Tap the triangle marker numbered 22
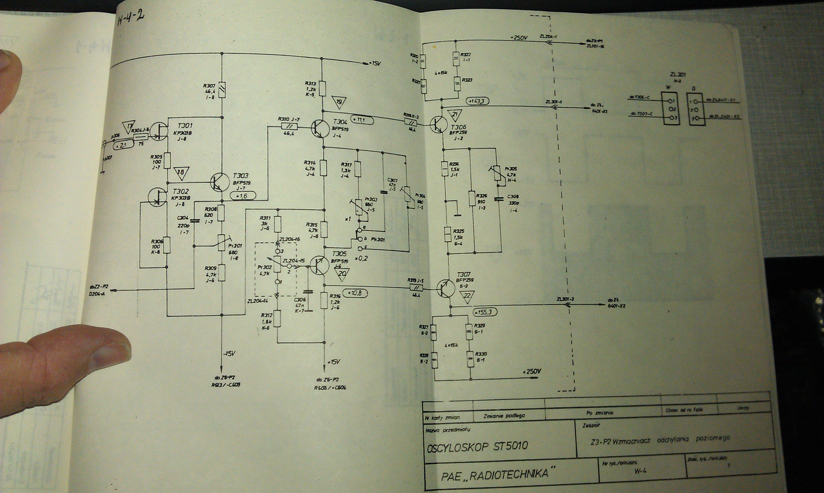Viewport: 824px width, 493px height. tap(467, 297)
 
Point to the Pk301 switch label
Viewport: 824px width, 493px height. tap(378, 239)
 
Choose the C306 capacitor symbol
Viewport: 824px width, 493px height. tap(308, 292)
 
